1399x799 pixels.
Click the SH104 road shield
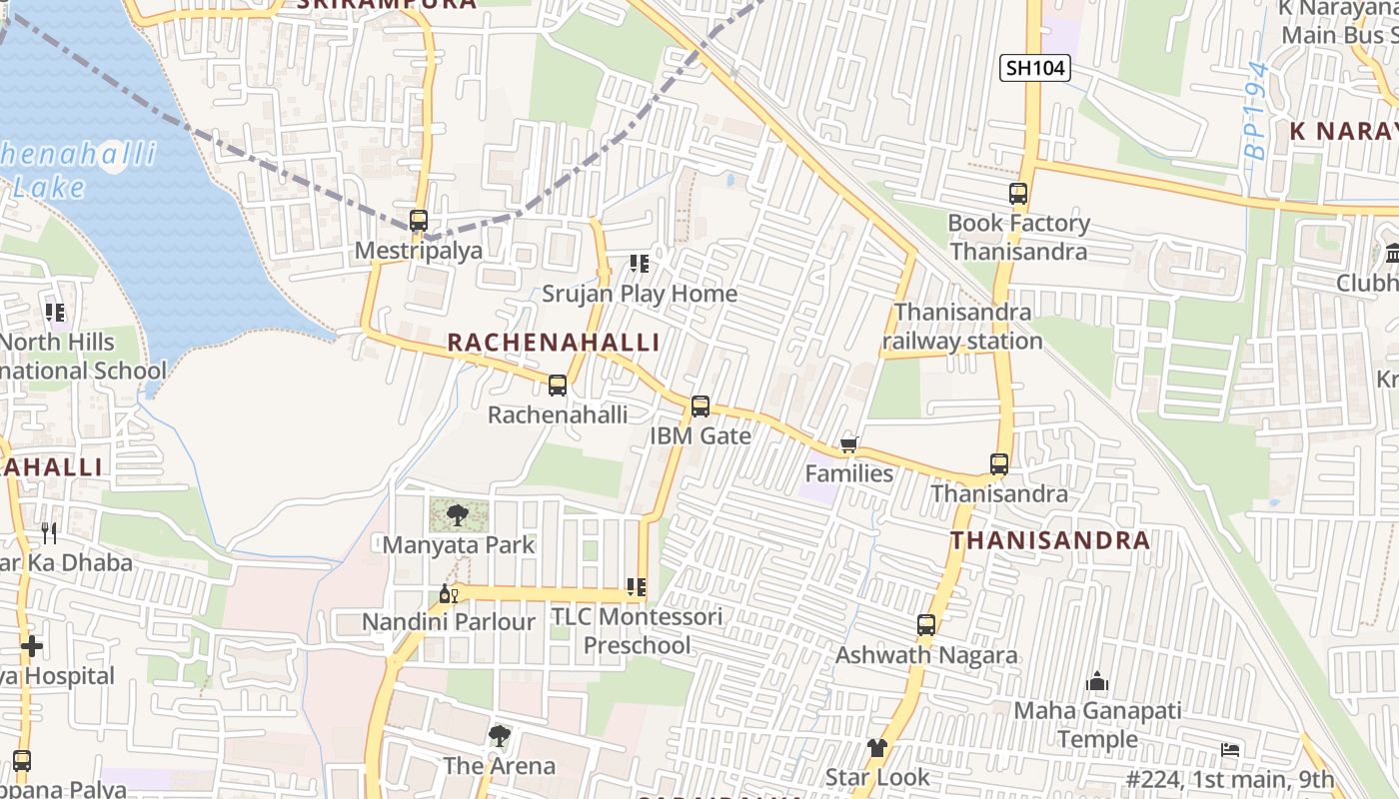point(1035,68)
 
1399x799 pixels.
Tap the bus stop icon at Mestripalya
point(419,221)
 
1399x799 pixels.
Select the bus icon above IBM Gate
point(700,406)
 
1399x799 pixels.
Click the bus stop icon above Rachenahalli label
point(558,386)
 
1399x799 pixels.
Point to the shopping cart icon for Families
point(848,444)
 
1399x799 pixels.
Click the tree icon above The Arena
point(499,737)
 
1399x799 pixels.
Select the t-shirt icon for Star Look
point(876,748)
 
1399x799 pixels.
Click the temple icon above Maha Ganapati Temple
point(1097,683)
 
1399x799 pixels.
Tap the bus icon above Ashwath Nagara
point(926,626)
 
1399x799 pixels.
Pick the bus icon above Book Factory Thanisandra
point(1018,194)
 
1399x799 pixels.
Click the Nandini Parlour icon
point(448,594)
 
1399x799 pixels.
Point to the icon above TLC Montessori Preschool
point(636,587)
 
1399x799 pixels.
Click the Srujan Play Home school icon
point(639,265)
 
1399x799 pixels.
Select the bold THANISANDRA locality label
point(1049,540)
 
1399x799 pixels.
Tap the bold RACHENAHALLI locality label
point(553,343)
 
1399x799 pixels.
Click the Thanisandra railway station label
point(962,327)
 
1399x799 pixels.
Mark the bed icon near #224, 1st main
point(1230,750)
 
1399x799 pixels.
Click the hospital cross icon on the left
point(32,647)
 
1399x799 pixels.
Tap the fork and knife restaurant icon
point(48,533)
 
